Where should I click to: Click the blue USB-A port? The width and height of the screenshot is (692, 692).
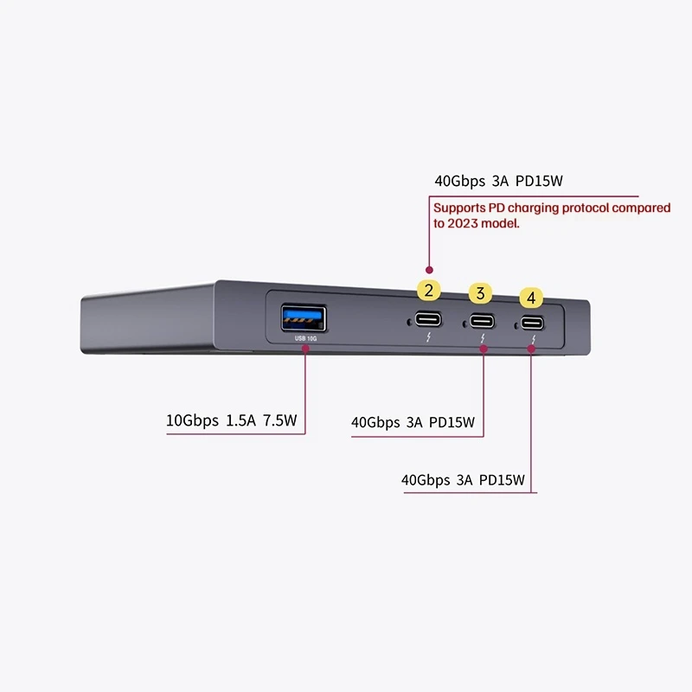click(x=304, y=317)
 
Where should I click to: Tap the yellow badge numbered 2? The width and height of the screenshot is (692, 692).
click(x=428, y=291)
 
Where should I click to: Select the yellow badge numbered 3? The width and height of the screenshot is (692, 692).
click(x=481, y=293)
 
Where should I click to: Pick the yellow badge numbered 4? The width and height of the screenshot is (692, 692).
click(x=531, y=298)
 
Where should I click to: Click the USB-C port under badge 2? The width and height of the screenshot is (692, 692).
click(x=428, y=319)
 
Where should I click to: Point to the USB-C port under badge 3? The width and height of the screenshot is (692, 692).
click(x=482, y=321)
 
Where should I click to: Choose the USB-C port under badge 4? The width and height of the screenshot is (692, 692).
click(x=532, y=323)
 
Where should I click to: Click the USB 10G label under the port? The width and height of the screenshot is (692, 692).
click(x=305, y=338)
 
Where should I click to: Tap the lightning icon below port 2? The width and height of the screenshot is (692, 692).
click(x=428, y=337)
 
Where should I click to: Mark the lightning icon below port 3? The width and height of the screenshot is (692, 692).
click(x=483, y=338)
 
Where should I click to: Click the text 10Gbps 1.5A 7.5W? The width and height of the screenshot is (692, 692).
click(x=231, y=420)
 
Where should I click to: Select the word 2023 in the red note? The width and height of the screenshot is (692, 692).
click(x=463, y=223)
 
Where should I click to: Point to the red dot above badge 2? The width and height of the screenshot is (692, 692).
click(x=429, y=270)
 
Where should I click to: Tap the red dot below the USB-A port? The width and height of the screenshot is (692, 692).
click(x=305, y=349)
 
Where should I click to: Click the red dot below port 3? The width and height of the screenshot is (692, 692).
click(x=484, y=349)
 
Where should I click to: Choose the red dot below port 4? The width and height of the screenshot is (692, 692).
click(x=531, y=349)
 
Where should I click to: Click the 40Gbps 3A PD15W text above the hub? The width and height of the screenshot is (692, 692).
click(x=499, y=181)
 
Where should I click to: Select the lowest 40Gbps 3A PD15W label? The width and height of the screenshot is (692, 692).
click(x=463, y=480)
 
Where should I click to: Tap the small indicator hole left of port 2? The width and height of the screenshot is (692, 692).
click(x=409, y=323)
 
